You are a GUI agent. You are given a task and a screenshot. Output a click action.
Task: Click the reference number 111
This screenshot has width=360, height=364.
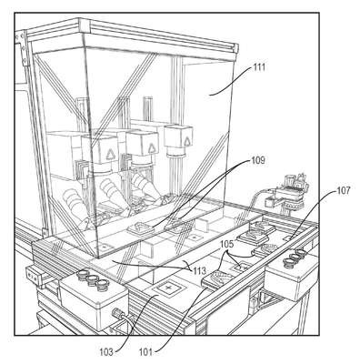click(x=258, y=67)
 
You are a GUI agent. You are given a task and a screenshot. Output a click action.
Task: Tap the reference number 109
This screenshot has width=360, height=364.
click(x=258, y=160)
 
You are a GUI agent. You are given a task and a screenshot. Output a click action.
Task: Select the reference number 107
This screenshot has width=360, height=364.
click(x=343, y=191)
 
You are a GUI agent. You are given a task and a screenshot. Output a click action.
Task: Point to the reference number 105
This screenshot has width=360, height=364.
click(x=227, y=244)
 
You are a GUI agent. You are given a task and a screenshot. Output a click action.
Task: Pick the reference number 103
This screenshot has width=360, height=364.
click(x=106, y=352)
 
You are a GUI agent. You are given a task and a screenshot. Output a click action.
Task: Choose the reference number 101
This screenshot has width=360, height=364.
click(x=145, y=352)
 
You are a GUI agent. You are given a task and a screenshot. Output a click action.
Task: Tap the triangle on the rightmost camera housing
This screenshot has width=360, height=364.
click(x=185, y=139)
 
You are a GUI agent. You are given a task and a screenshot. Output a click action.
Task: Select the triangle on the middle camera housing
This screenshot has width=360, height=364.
click(x=150, y=149)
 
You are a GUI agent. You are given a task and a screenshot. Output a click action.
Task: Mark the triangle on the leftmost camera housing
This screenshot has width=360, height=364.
click(x=109, y=156)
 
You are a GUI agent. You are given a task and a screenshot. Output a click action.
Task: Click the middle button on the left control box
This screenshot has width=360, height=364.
click(x=92, y=279)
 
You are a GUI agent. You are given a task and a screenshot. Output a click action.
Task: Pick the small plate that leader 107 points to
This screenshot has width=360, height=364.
click(x=289, y=238)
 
